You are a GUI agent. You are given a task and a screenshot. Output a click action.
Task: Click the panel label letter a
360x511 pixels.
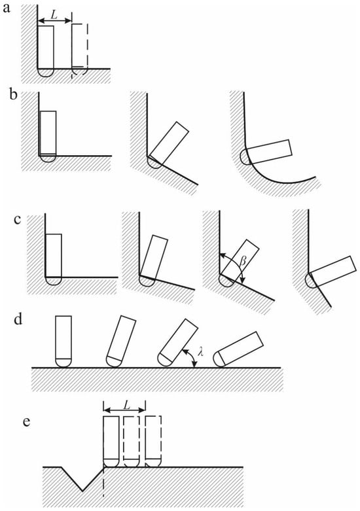coord(7,8)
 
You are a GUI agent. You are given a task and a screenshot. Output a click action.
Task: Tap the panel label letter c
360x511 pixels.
coord(18,220)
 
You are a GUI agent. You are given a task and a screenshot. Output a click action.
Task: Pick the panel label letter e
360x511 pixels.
coord(27,422)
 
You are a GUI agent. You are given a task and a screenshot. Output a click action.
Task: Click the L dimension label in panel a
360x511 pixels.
coord(55,14)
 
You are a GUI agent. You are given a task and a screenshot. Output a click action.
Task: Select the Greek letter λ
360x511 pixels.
coord(201,352)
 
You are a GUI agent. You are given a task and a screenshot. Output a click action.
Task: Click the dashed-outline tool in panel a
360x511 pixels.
coord(80,50)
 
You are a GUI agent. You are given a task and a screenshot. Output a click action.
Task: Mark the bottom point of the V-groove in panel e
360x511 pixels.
coord(82,491)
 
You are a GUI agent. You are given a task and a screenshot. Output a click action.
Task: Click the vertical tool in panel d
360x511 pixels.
coord(63,342)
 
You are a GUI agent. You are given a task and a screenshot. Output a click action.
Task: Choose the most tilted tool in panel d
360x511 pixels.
coord(240,349)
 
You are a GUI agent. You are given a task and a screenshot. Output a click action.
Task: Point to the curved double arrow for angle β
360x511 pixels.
coord(236,264)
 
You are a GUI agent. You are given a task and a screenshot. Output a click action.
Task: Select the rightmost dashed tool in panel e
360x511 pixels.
coord(153,442)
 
